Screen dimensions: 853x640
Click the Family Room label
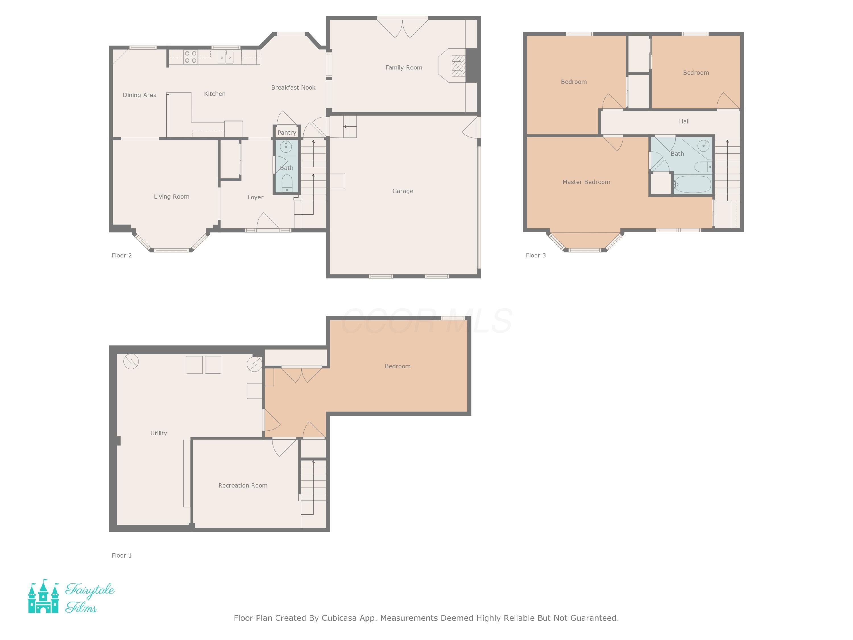pyautogui.click(x=404, y=67)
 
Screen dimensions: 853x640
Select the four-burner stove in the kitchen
pyautogui.click(x=191, y=57)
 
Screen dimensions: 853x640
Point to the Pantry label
pyautogui.click(x=287, y=132)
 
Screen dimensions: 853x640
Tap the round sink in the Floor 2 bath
pyautogui.click(x=286, y=146)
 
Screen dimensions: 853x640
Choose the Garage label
pyautogui.click(x=403, y=191)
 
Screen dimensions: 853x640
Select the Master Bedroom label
pyautogui.click(x=586, y=182)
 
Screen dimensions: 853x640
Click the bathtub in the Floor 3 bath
pyautogui.click(x=693, y=184)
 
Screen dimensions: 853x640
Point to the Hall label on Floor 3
pyautogui.click(x=684, y=121)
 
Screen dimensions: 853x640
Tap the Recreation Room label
pyautogui.click(x=243, y=485)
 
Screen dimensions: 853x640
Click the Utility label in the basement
pyautogui.click(x=158, y=433)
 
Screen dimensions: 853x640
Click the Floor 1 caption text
pyautogui.click(x=121, y=555)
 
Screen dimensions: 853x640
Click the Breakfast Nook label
pyautogui.click(x=293, y=88)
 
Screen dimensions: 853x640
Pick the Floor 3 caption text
pyautogui.click(x=536, y=255)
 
